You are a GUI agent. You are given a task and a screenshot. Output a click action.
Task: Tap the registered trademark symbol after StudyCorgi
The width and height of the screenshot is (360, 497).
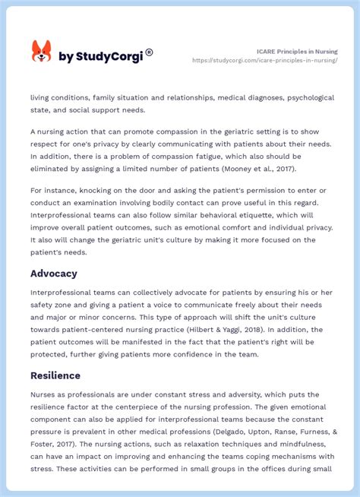click(149, 52)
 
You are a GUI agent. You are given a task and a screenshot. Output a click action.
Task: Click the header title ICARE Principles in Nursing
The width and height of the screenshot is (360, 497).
click(295, 52)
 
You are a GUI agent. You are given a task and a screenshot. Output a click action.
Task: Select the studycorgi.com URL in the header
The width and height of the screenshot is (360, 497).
click(265, 60)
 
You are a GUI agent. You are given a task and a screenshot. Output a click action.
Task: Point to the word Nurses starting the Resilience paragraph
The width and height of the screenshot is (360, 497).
click(44, 394)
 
